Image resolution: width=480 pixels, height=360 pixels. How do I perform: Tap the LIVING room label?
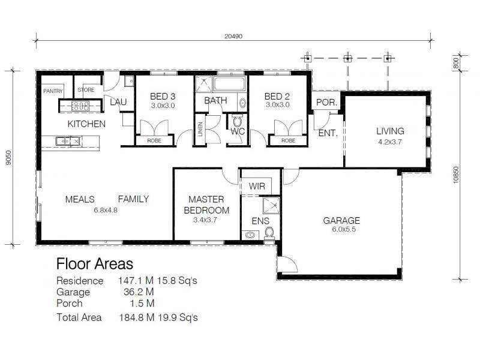[x=390, y=131]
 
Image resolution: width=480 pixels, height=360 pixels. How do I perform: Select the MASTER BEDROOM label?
[x=206, y=205]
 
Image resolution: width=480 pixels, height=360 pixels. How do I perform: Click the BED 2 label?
[x=277, y=96]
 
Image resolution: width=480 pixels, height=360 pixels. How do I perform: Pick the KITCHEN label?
[x=86, y=124]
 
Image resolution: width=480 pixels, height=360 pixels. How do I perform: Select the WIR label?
[x=257, y=187]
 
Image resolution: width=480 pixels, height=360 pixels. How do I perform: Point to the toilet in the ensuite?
[x=269, y=232]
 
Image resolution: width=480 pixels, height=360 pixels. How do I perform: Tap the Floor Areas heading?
[x=95, y=263]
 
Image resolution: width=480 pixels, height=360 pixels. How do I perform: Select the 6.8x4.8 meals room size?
[x=106, y=210]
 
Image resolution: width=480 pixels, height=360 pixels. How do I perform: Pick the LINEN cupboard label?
[x=200, y=133]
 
